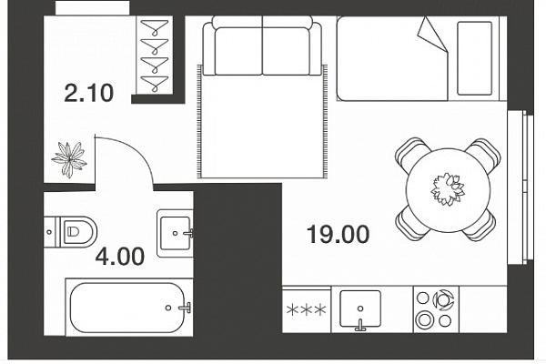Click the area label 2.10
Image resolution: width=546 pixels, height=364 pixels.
[x=89, y=93]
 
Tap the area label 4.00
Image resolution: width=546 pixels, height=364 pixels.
[x=120, y=257]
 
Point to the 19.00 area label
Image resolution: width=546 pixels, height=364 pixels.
[x=339, y=234]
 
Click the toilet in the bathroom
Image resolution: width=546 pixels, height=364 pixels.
[x=71, y=232]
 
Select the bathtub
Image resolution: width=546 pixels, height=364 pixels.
[x=129, y=308]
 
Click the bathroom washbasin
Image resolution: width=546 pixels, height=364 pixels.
[x=175, y=233]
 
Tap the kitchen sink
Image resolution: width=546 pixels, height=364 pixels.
[x=360, y=309]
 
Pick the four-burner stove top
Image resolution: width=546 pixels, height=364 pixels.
[x=436, y=309]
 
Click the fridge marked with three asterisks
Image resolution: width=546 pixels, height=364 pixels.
[x=307, y=309]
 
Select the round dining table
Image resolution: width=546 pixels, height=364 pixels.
[x=448, y=190]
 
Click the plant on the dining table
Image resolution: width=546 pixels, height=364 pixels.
[x=448, y=189]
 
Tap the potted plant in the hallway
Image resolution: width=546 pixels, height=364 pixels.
[x=69, y=159]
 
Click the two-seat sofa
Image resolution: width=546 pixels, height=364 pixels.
[x=262, y=45]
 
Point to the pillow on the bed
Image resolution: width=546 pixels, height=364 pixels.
[x=474, y=58]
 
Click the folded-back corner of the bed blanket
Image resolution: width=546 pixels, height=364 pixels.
[x=432, y=35]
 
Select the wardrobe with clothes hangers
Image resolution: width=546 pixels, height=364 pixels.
[x=155, y=55]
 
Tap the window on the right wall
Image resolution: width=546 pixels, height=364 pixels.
[x=521, y=187]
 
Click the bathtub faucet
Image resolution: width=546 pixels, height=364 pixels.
[x=185, y=308]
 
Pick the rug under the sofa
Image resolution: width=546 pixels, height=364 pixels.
[x=262, y=121]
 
